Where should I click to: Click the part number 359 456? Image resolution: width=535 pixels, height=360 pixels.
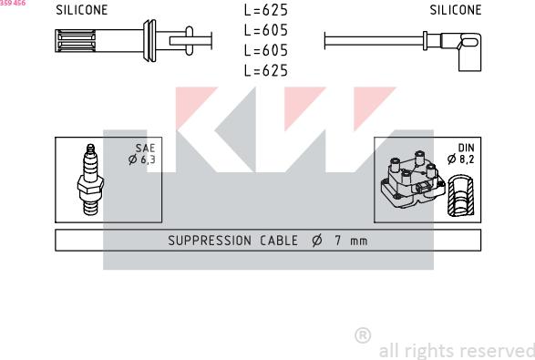point(13,3)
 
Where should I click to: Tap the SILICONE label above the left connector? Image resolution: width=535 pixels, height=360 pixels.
point(81,10)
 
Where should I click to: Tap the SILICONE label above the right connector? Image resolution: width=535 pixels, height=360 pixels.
point(456,10)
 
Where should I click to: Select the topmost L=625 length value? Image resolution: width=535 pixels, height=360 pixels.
point(266,10)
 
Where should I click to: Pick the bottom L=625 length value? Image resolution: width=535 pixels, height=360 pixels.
point(266,70)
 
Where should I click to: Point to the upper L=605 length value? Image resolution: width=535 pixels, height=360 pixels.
point(266,30)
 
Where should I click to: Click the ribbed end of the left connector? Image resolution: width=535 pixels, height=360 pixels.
point(76,41)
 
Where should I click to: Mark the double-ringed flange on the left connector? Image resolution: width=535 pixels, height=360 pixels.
point(149,41)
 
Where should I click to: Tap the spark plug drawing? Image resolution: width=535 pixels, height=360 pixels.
point(90,180)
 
